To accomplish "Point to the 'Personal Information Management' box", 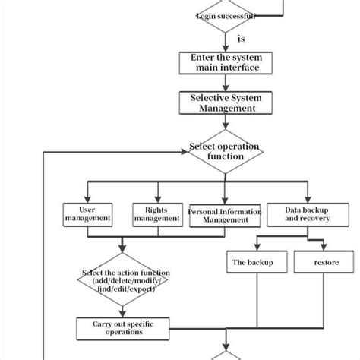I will (x=219, y=214).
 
